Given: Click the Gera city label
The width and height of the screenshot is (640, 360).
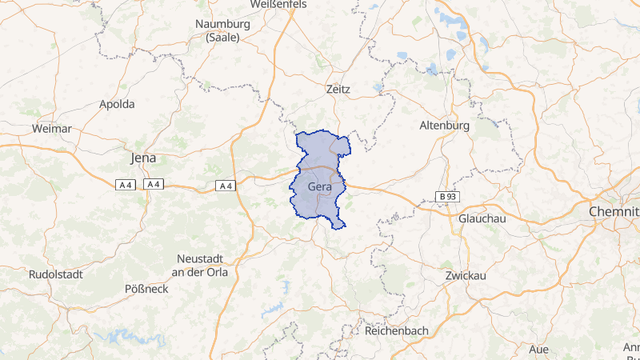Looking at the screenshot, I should point(319,186).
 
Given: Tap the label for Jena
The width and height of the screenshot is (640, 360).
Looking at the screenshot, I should point(143,158).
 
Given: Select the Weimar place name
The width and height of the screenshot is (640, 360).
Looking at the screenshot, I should point(52,128).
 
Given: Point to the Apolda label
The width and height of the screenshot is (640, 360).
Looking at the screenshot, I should point(117,104).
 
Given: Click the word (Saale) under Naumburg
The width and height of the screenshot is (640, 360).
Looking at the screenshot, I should point(222,37).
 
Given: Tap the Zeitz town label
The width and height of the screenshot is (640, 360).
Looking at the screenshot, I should point(338,90).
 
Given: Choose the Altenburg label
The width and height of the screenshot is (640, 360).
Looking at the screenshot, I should point(444,126).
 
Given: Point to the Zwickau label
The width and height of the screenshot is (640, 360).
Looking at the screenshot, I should point(466,275).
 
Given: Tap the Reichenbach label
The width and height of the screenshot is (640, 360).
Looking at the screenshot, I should point(397,330).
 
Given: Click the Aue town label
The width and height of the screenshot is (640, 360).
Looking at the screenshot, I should point(538,349).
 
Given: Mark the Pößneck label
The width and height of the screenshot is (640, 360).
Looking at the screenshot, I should point(147,288).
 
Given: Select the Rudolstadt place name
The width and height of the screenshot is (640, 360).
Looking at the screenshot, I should point(55,274).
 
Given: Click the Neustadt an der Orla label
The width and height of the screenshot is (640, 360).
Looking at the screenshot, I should point(202,266).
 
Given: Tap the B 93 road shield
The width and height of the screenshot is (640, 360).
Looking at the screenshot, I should point(447,196).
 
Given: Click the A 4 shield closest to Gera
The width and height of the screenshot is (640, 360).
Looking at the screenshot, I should point(226,186).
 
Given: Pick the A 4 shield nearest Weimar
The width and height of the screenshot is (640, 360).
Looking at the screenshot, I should point(125,185).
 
